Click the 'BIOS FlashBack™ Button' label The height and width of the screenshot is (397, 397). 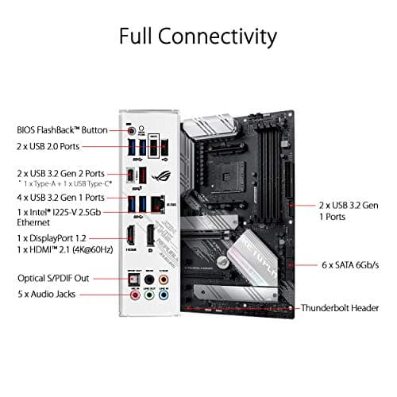pos(61,129)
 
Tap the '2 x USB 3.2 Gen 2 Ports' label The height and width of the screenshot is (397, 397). pos(61,173)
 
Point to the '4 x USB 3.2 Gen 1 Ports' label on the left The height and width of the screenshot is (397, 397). pos(61,198)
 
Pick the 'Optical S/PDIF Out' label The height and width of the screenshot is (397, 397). pos(53,279)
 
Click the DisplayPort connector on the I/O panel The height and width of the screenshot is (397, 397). pos(151,237)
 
